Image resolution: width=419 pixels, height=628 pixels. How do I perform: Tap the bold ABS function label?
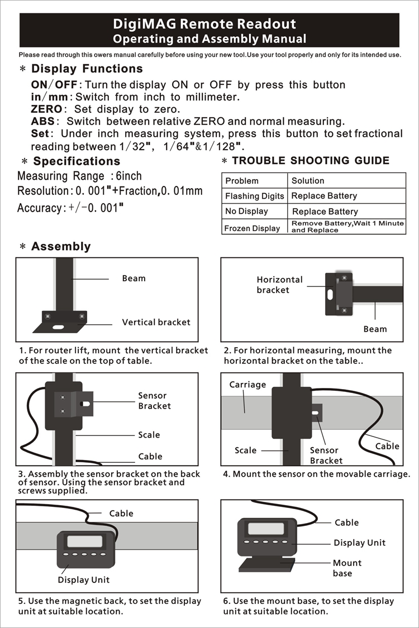click(x=42, y=121)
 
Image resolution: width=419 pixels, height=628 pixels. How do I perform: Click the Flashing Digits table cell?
click(x=255, y=196)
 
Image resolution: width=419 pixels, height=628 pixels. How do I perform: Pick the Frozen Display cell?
click(x=252, y=228)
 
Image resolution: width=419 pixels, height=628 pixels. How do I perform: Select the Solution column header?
click(x=308, y=180)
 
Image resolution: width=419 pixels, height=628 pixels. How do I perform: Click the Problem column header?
click(x=242, y=180)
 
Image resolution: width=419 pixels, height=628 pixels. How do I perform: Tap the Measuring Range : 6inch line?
click(x=79, y=176)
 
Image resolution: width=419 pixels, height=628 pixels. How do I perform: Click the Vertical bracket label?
click(x=156, y=322)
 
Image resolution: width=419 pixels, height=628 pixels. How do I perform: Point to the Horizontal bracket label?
click(x=279, y=285)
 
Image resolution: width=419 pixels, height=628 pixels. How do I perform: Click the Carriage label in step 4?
click(x=247, y=385)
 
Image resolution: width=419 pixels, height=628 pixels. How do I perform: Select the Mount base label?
click(x=347, y=568)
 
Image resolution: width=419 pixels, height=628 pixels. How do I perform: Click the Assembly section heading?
click(x=60, y=246)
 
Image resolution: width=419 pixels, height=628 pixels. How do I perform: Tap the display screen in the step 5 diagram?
click(x=85, y=541)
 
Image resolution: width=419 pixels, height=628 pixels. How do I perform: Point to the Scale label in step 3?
click(x=149, y=435)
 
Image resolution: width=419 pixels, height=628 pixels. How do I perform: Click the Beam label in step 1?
click(x=134, y=279)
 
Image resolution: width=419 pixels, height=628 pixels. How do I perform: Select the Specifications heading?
click(x=77, y=161)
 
